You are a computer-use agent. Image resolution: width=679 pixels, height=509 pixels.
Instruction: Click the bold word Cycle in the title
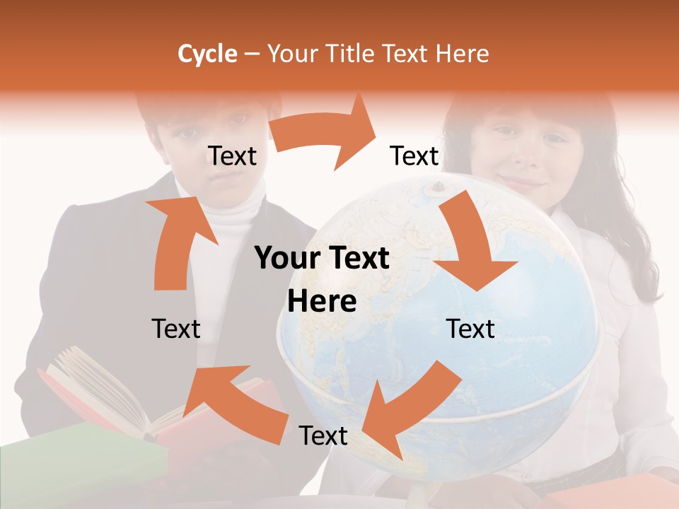tap(207, 54)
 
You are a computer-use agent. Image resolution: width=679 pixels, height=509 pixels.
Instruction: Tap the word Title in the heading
tap(351, 54)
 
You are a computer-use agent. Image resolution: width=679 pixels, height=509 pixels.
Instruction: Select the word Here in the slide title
tap(462, 54)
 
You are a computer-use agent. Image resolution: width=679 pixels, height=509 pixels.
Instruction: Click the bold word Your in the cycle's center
tap(284, 259)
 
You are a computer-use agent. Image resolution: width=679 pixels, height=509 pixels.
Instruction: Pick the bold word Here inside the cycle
tap(322, 302)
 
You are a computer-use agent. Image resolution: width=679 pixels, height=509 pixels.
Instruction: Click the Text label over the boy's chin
tap(233, 156)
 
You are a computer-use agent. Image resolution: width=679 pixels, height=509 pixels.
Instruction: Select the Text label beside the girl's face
tap(414, 156)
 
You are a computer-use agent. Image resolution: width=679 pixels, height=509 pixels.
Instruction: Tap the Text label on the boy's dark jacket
tap(176, 329)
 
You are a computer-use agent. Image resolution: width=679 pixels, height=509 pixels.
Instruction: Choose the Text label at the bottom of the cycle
tap(323, 435)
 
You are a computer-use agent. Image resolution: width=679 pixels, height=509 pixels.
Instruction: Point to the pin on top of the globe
tap(436, 187)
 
